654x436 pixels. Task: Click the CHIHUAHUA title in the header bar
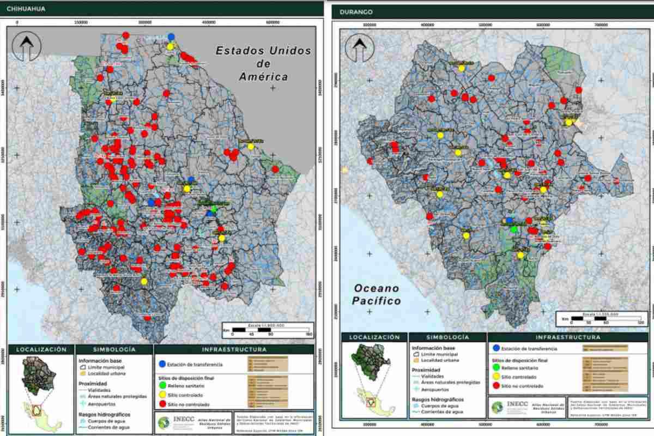pos(26,9)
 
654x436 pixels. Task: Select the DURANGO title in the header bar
pos(355,12)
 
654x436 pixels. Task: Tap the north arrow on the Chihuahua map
pos(25,46)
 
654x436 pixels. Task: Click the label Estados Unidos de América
pos(264,64)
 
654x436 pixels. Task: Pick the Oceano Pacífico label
pos(377,294)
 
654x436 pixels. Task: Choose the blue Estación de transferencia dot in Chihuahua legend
pos(162,364)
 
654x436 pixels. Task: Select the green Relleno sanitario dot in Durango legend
pos(495,368)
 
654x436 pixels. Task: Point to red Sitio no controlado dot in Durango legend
pos(495,386)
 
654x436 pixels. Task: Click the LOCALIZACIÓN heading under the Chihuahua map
pos(41,349)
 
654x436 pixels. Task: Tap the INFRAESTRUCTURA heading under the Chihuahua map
pos(234,349)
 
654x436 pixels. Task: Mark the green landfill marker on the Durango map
pos(513,229)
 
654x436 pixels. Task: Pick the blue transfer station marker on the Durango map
pos(510,220)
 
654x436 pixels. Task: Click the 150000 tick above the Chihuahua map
pos(81,22)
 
